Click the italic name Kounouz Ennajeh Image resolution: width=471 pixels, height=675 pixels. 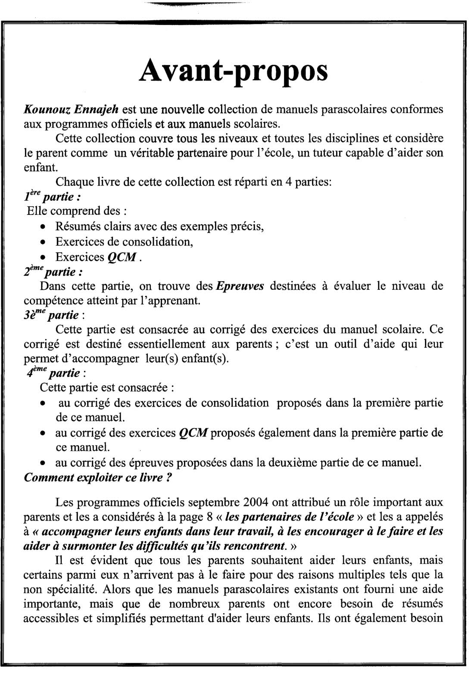[71, 109]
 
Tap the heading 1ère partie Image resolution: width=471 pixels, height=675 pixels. [52, 197]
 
